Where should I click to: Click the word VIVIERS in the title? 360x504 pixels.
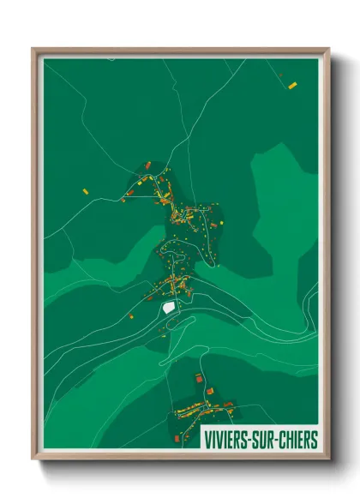click(227, 440)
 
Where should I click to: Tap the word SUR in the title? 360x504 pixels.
click(267, 440)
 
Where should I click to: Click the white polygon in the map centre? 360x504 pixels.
click(169, 306)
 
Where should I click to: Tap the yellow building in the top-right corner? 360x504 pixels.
click(292, 85)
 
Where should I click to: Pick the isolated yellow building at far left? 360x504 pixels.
click(85, 189)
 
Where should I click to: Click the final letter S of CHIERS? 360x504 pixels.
click(314, 440)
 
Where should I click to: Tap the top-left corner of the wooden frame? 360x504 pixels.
click(33, 50)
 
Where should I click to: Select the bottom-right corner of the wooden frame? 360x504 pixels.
click(328, 458)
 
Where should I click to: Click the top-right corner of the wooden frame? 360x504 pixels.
click(328, 50)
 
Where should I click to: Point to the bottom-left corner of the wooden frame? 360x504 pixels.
click(33, 458)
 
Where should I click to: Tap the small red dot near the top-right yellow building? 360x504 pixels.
click(281, 75)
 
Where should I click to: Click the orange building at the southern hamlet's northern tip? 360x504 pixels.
click(199, 377)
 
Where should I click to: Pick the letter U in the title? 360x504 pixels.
click(267, 440)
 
